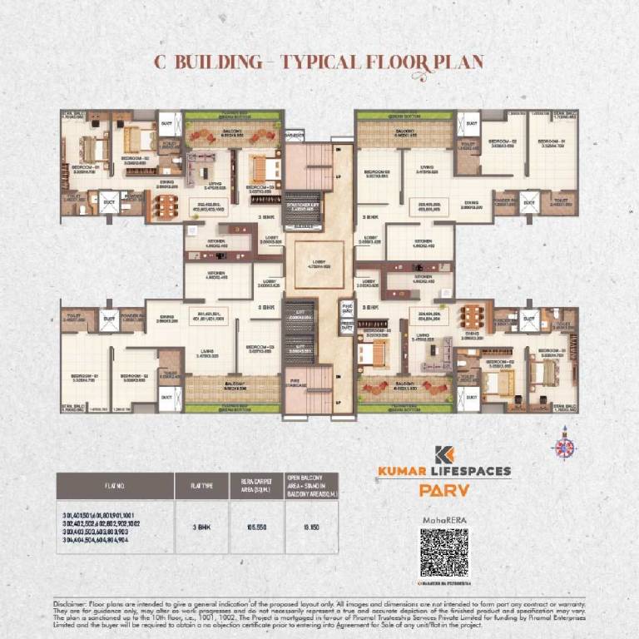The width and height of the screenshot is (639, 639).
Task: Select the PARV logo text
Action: (x=443, y=490)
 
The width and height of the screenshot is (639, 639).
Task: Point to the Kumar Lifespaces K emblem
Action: (x=443, y=455)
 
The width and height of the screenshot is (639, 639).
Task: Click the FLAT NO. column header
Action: (x=115, y=486)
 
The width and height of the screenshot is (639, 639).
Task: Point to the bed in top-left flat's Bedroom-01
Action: (x=94, y=149)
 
